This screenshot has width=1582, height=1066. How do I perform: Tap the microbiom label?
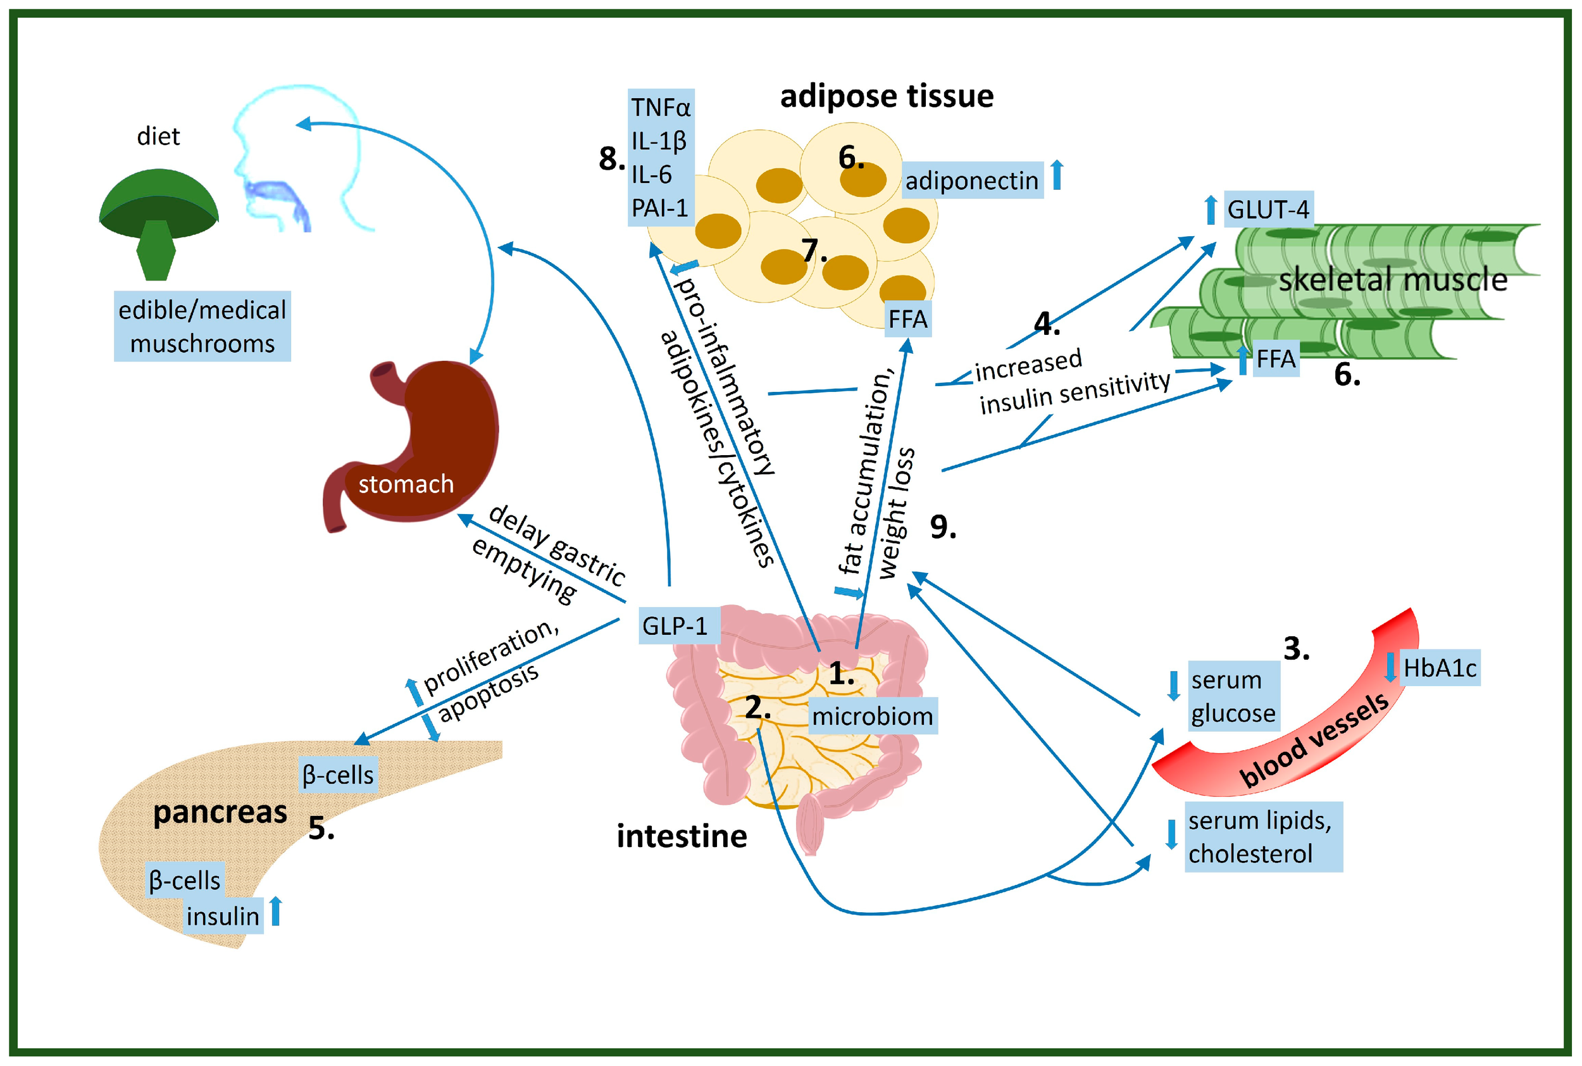pos(872,716)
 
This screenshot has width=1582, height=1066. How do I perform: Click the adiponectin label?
pos(972,181)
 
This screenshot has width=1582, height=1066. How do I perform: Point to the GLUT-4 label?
pos(1268,210)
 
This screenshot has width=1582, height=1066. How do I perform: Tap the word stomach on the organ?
pos(406,484)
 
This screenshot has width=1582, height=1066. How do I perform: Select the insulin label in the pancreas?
pos(223,916)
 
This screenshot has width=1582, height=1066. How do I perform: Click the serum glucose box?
pos(1233,696)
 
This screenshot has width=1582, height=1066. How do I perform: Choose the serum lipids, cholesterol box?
pos(1262,836)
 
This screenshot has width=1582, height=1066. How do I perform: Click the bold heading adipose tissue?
pos(886,96)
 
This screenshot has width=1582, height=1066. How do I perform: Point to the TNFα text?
pos(660,108)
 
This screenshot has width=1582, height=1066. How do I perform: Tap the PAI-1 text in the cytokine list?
pos(659,208)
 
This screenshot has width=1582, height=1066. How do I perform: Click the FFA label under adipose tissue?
pos(907,319)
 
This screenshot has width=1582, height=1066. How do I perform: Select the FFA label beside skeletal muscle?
pos(1276,359)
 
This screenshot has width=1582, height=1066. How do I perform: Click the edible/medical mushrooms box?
pos(202,327)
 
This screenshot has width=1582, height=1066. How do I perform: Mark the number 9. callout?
pos(942,527)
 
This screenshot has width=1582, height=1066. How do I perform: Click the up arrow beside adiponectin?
pos(1057,175)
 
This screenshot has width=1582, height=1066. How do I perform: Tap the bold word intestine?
pos(681,836)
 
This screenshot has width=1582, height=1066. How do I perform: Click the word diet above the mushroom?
pos(158,137)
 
